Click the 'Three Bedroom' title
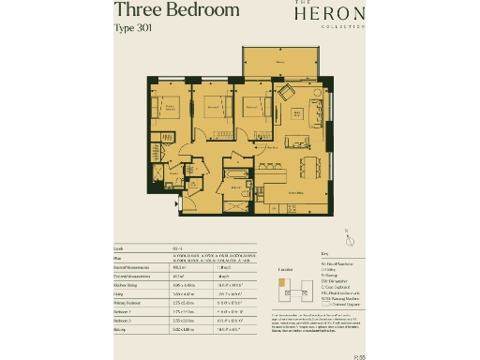coord(176,11)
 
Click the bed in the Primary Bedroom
coord(168,112)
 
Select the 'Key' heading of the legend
coord(324,253)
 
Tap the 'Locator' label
coord(286,268)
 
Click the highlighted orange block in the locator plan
coord(281,285)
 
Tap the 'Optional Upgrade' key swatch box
coord(324,305)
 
